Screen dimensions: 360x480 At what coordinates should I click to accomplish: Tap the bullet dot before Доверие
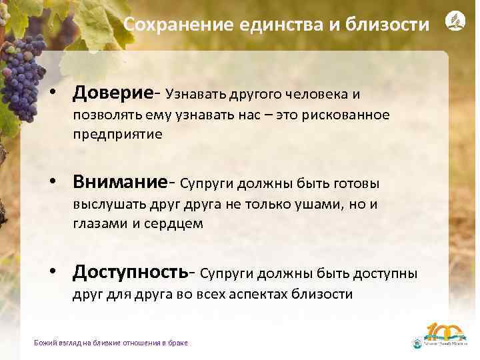pyautogui.click(x=59, y=93)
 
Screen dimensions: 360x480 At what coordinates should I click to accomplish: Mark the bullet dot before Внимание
pyautogui.click(x=59, y=183)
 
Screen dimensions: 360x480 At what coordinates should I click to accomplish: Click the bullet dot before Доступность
pyautogui.click(x=59, y=273)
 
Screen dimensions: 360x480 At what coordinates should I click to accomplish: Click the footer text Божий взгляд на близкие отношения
pyautogui.click(x=111, y=343)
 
